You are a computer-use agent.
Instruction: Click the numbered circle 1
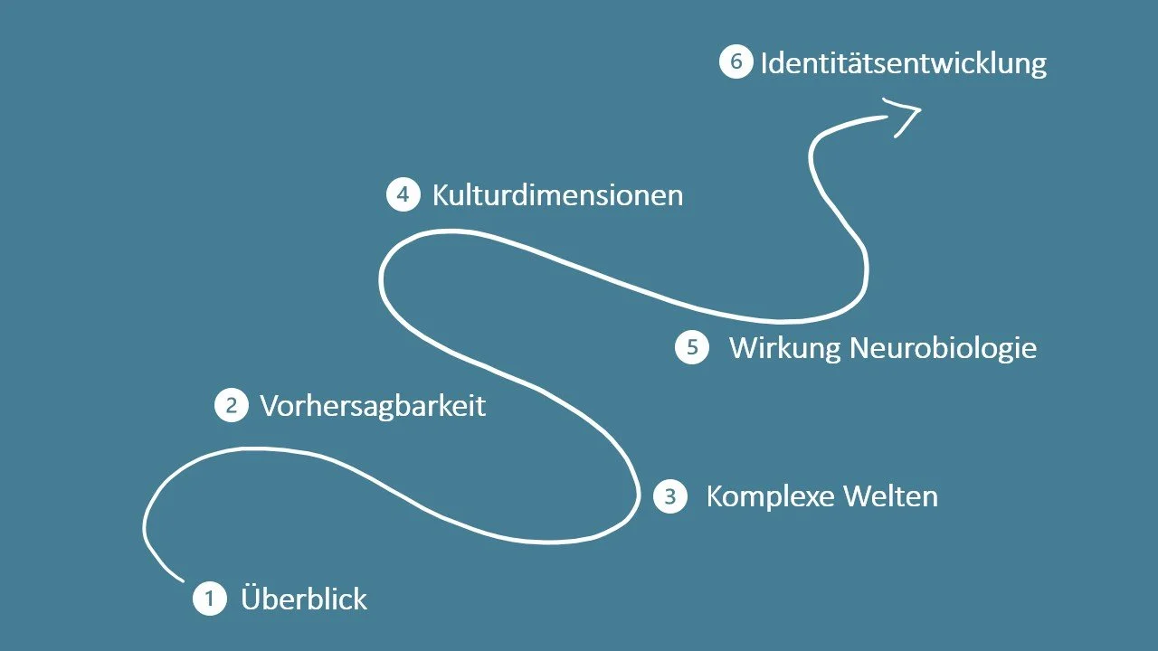(210, 599)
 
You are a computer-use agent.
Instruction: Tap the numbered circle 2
(231, 405)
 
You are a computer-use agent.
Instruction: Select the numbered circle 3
(669, 496)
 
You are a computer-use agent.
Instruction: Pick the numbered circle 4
(403, 194)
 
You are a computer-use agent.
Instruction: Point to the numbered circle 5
(692, 348)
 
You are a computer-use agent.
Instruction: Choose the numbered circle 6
(736, 62)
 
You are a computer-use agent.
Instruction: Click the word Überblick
(304, 599)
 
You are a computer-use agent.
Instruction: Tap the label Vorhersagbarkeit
(373, 405)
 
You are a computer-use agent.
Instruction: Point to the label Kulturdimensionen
(557, 194)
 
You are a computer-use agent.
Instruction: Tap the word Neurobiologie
(944, 348)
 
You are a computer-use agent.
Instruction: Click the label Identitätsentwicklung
(903, 63)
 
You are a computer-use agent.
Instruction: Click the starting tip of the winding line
(183, 580)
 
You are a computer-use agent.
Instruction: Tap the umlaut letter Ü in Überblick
(252, 598)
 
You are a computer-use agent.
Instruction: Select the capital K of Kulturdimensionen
(441, 194)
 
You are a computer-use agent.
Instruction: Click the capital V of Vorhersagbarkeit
(269, 405)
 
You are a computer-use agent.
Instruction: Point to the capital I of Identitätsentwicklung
(764, 63)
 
